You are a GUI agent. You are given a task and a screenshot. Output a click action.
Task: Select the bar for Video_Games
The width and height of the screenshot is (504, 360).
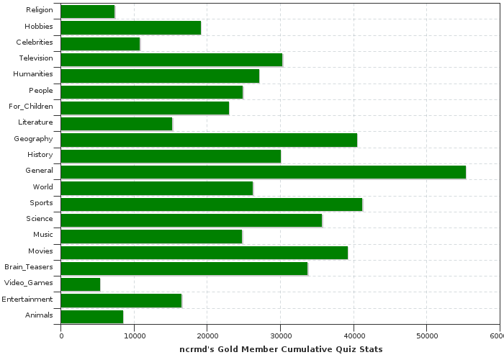81,284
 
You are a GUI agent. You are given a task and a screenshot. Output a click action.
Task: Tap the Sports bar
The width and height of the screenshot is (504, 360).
212,204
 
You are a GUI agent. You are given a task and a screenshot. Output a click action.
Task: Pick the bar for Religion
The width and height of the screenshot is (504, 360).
88,12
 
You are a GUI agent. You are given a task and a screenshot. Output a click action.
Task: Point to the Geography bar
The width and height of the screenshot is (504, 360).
209,140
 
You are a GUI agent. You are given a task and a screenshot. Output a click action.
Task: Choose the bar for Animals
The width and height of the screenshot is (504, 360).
92,315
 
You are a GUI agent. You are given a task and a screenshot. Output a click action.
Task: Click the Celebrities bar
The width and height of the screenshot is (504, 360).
100,43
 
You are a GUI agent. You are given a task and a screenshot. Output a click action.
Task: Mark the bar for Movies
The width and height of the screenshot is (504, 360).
204,252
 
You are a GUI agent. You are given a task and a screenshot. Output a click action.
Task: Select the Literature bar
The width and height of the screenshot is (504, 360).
117,124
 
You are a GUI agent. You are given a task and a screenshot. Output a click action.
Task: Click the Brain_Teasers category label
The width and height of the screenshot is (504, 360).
27,267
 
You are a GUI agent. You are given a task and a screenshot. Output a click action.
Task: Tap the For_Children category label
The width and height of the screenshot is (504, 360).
31,107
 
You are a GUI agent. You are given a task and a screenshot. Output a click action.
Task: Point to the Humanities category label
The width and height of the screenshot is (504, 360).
33,74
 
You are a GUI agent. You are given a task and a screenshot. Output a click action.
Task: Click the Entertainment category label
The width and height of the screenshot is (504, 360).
27,299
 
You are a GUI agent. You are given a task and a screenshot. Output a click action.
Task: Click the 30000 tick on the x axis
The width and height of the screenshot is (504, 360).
280,336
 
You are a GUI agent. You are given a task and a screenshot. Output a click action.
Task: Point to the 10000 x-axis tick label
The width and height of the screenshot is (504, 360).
134,336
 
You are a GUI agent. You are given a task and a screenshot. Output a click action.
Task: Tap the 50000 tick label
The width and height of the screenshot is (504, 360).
426,336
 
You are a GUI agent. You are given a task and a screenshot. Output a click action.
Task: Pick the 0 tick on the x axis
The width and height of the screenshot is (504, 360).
61,336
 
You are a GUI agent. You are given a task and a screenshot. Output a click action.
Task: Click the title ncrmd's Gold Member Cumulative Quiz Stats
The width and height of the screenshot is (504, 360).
281,349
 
